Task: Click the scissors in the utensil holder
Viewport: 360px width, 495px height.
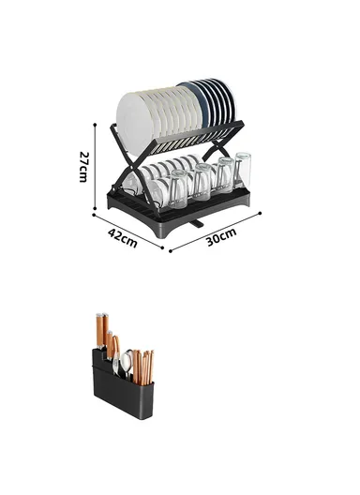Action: (115, 362)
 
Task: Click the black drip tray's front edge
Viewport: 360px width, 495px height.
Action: (187, 217)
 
